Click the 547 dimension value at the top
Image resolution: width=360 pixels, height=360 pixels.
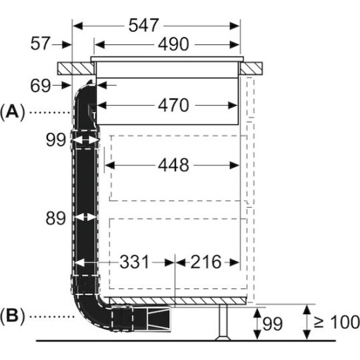point(143,25)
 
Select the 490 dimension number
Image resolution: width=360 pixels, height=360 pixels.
point(174,44)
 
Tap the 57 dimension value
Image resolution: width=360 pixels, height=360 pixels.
point(41,44)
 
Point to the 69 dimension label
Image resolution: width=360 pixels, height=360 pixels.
point(41,86)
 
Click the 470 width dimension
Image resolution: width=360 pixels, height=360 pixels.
point(174,105)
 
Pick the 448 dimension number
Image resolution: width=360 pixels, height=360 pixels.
point(174,165)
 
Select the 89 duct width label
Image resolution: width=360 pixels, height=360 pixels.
point(55,218)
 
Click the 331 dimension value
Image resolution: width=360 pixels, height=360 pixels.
point(135,262)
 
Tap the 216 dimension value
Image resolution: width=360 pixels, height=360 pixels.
point(206,262)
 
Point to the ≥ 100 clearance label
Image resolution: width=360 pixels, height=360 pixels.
point(337,322)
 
